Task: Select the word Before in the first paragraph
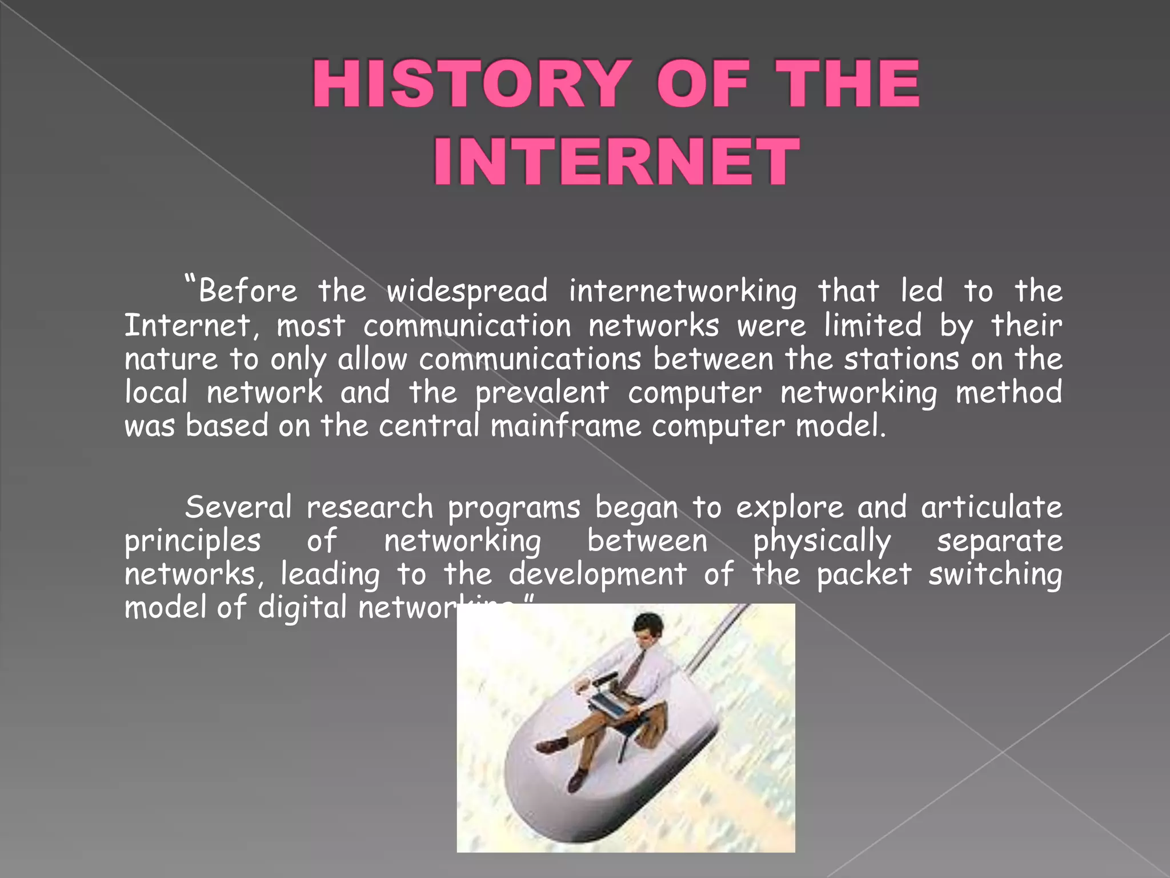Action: (x=248, y=291)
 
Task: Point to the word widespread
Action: (x=467, y=292)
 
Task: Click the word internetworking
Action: (x=682, y=292)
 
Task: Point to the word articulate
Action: (x=991, y=508)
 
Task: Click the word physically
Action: (x=822, y=542)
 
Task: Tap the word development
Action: (x=597, y=574)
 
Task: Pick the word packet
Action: (x=864, y=574)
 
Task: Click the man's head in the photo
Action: (x=650, y=628)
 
